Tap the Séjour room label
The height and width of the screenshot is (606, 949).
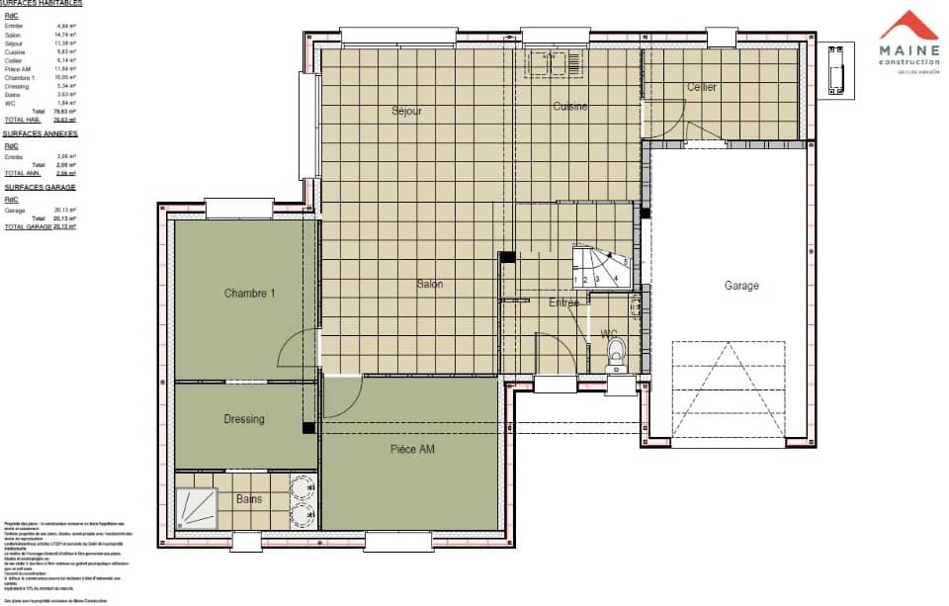coord(406,111)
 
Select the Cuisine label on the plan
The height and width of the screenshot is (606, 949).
coord(569,106)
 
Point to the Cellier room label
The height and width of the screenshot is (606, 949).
coord(702,88)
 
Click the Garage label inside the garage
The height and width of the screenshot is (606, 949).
coord(741,286)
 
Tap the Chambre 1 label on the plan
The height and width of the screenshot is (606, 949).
coord(249,293)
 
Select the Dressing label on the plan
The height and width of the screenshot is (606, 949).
coord(243,419)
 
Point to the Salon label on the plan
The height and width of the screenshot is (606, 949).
coord(429,285)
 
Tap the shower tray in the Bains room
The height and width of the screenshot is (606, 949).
coord(201,509)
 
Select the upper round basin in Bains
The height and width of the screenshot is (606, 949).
coord(302,486)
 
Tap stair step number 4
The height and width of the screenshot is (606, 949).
coord(616,279)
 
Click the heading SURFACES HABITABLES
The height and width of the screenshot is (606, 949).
coord(42,4)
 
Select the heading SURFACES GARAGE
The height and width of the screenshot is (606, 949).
coord(39,187)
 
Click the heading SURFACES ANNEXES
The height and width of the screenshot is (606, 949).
coord(40,132)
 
